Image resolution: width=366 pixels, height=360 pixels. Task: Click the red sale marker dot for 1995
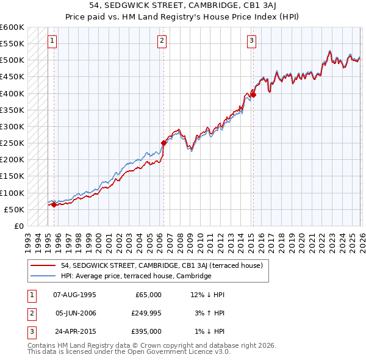[x=54, y=204]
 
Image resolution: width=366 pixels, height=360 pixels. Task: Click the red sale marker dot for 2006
[x=163, y=143]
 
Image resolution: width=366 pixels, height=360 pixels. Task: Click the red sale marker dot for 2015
[x=253, y=95]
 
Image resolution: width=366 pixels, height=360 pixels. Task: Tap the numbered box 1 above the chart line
[x=52, y=41]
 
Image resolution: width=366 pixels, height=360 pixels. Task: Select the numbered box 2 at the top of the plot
[x=162, y=41]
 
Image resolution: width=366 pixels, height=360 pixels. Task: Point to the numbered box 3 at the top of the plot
[x=251, y=41]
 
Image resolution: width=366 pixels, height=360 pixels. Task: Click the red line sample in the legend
[x=43, y=265]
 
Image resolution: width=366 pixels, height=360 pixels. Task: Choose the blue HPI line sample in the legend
[x=43, y=276]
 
